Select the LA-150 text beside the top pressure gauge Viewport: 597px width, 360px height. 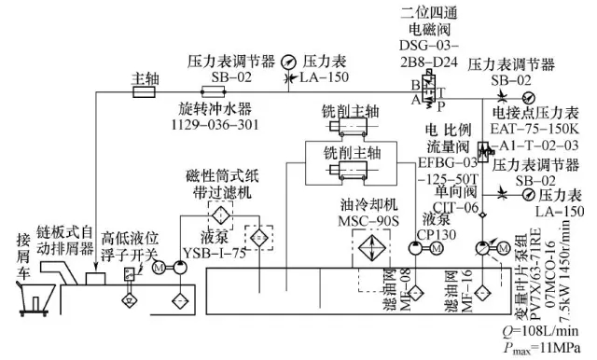pyautogui.click(x=326, y=76)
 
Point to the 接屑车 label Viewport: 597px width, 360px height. pyautogui.click(x=22, y=242)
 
